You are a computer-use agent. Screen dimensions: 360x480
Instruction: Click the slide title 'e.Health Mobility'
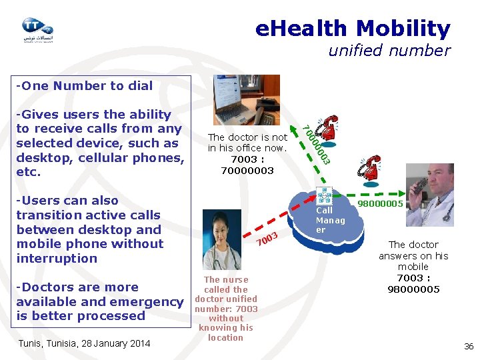(353, 29)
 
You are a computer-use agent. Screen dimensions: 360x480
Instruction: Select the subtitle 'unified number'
(389, 51)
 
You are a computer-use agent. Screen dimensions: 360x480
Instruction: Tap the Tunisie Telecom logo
(37, 30)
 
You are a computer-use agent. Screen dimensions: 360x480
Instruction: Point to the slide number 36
(469, 346)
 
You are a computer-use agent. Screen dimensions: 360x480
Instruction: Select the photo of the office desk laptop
(246, 100)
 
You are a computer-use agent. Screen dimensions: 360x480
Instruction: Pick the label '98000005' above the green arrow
(381, 204)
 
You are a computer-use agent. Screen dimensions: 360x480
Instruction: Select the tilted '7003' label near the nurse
(267, 238)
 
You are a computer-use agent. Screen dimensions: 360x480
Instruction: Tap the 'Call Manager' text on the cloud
(330, 220)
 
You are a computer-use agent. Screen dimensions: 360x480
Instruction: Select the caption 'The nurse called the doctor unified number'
(226, 294)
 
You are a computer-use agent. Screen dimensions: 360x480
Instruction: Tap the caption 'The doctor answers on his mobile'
(413, 255)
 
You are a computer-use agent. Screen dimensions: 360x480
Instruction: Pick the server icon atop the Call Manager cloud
(324, 195)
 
